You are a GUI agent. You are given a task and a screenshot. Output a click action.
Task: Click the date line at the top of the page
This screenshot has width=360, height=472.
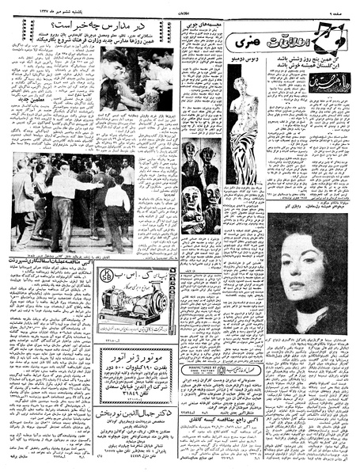pos(47,7)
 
